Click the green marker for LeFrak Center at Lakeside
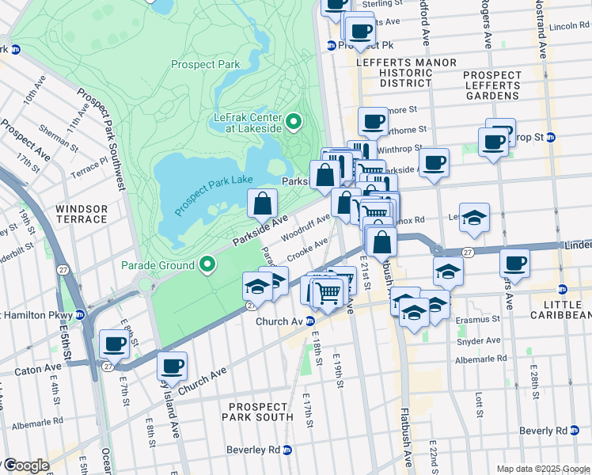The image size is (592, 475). pos(294,122)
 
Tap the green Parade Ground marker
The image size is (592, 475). pos(208,264)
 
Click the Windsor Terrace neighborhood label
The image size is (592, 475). pos(82,215)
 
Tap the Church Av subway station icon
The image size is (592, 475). pos(311,321)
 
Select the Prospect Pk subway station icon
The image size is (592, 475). pos(331,45)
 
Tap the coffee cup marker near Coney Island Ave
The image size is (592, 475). pos(172,366)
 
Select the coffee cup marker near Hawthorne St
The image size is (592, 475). pos(373,121)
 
